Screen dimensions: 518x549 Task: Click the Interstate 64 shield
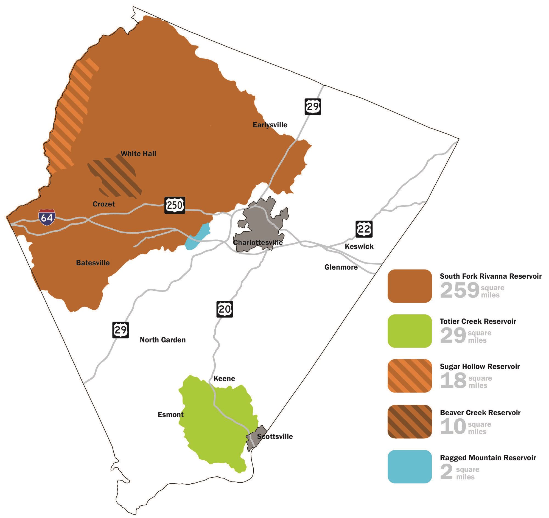pyautogui.click(x=47, y=217)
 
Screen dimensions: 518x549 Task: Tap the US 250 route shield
pyautogui.click(x=175, y=205)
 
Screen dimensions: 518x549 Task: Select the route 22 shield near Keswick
pyautogui.click(x=364, y=229)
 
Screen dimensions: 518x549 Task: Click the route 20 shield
pyautogui.click(x=224, y=309)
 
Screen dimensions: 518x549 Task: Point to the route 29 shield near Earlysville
pyautogui.click(x=313, y=106)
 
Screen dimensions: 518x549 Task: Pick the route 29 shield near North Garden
pyautogui.click(x=121, y=330)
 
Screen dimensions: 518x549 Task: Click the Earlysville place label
pyautogui.click(x=270, y=125)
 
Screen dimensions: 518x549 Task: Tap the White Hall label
pyautogui.click(x=138, y=153)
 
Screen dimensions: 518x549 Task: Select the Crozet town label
pyautogui.click(x=103, y=204)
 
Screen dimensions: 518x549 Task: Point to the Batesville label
pyautogui.click(x=93, y=263)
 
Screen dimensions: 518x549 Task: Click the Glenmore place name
pyautogui.click(x=341, y=267)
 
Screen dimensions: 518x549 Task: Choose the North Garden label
pyautogui.click(x=163, y=340)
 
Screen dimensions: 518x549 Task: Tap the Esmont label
pyautogui.click(x=170, y=415)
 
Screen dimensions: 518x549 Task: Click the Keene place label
pyautogui.click(x=224, y=378)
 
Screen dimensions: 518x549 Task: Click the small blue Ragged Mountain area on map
pyautogui.click(x=197, y=237)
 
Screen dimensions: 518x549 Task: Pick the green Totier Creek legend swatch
pyautogui.click(x=410, y=331)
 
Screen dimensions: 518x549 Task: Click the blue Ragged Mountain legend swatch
pyautogui.click(x=410, y=466)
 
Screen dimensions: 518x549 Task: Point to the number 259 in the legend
pyautogui.click(x=459, y=290)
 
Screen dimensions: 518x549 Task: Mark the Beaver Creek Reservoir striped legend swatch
pyautogui.click(x=410, y=421)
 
